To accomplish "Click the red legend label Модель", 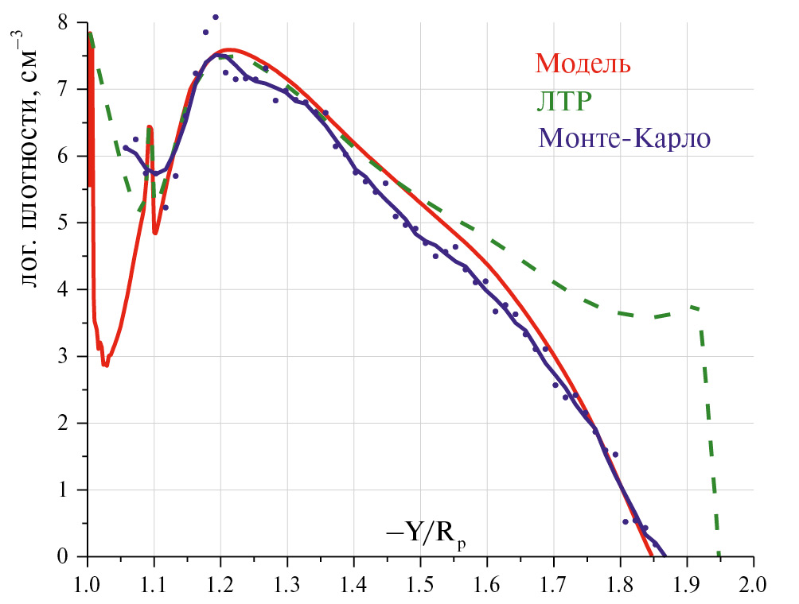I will pos(583,63).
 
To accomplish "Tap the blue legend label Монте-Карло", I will pos(624,138).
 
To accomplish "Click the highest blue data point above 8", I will pos(216,17).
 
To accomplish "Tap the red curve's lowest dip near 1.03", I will pos(104,365).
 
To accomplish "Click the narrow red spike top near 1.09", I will pos(149,127).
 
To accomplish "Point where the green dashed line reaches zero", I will pos(719,555).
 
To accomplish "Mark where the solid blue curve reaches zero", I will pos(665,555).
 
